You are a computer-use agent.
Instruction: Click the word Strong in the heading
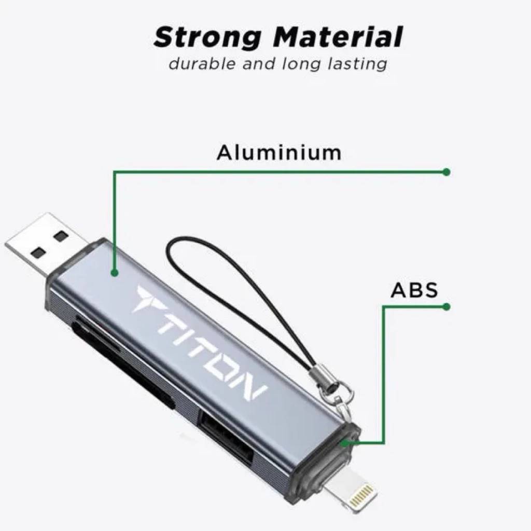(x=207, y=38)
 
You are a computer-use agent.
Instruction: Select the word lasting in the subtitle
(x=357, y=64)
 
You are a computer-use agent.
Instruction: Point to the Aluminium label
(x=279, y=153)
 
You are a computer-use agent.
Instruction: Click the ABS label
(x=414, y=290)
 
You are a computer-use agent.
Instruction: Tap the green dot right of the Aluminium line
(x=446, y=172)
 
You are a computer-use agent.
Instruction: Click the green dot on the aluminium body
(x=115, y=273)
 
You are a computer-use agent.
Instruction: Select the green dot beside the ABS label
(x=446, y=307)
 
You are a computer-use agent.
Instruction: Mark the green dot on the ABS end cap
(x=345, y=443)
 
